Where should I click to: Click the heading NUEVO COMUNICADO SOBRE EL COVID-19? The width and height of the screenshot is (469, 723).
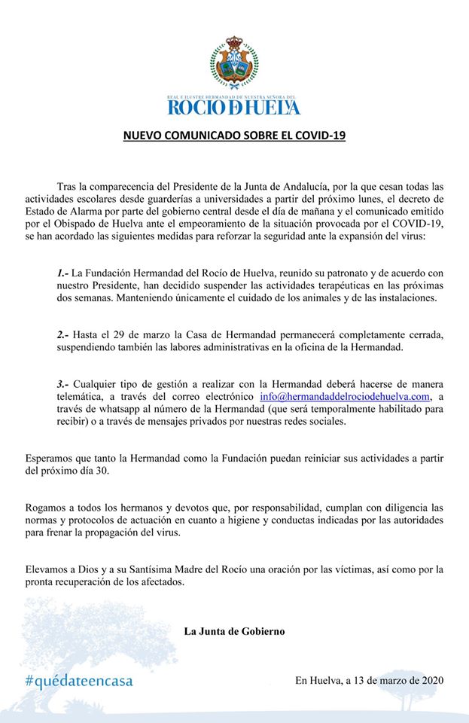tap(234, 136)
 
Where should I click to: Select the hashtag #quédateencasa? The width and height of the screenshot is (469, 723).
tap(78, 681)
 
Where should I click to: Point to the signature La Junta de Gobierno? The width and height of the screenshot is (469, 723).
tap(234, 631)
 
